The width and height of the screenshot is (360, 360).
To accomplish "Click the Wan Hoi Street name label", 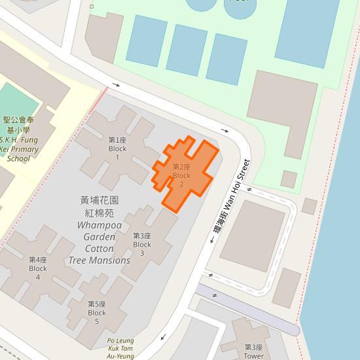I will [228, 196].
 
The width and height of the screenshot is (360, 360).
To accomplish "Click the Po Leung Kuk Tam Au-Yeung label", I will [120, 348].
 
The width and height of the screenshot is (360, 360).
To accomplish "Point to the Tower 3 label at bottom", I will [254, 351].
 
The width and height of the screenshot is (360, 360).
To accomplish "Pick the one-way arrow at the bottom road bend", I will [162, 338].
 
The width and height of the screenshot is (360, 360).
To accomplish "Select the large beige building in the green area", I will [281, 111].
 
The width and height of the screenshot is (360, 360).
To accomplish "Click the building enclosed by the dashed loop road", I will [253, 235].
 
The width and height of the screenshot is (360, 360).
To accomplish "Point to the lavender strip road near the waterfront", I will [249, 308].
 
